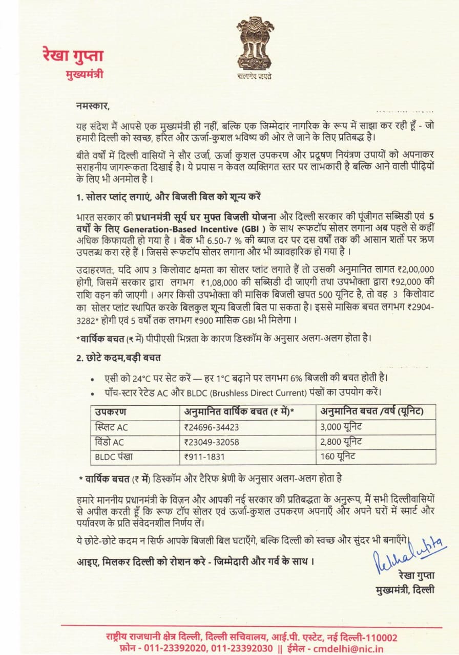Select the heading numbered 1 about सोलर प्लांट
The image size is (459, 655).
[170, 198]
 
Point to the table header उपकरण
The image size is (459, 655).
[111, 411]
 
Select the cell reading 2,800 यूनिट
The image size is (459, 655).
[341, 442]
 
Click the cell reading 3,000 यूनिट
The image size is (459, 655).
[341, 427]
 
